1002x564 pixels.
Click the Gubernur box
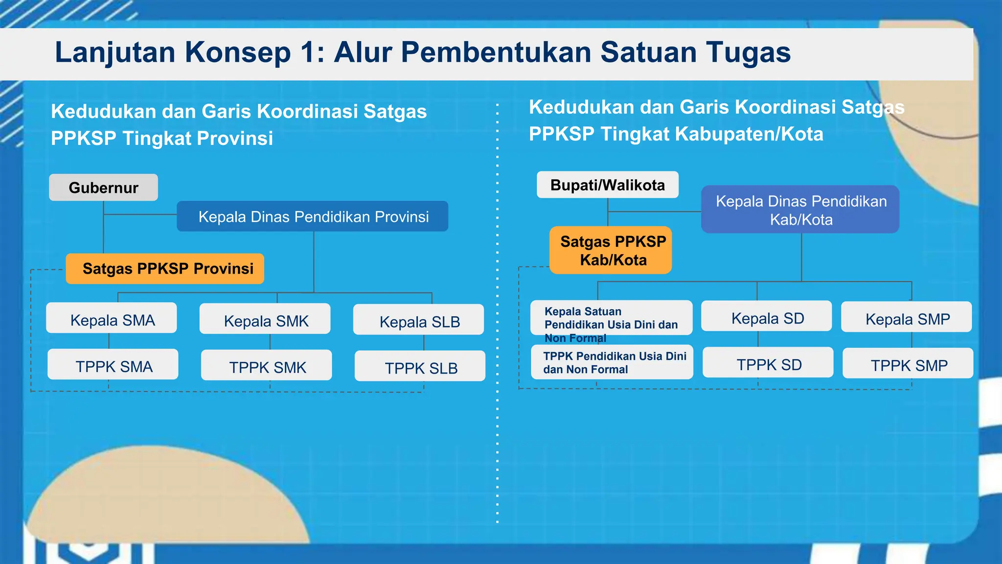[x=103, y=188]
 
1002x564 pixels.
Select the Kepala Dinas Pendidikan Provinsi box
[x=313, y=216]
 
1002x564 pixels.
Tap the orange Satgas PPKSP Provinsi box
[x=165, y=269]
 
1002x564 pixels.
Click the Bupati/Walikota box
[x=608, y=185]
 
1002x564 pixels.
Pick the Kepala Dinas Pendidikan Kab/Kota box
[x=800, y=210]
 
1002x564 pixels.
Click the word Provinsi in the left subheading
[x=235, y=139]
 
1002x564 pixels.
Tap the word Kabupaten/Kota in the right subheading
[x=754, y=134]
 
